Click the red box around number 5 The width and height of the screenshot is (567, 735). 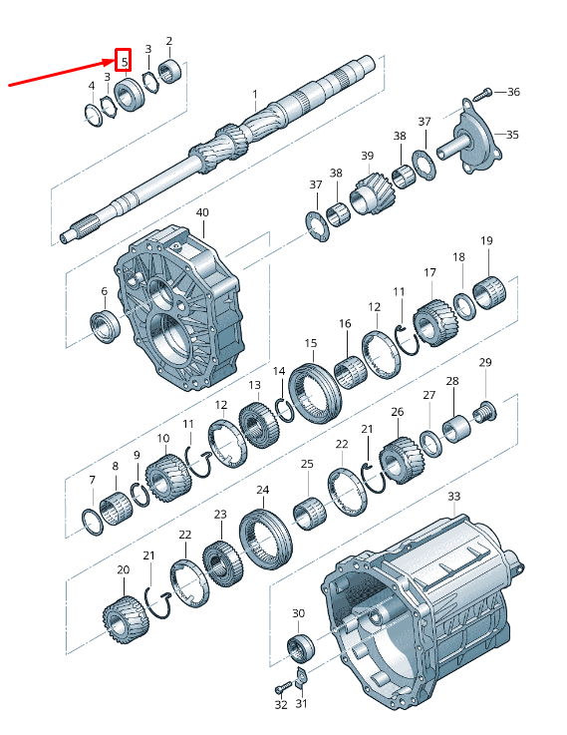[124, 61]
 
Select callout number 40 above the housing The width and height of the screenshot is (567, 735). [202, 212]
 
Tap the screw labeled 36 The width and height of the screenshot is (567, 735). [482, 94]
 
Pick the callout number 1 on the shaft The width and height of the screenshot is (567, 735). [255, 94]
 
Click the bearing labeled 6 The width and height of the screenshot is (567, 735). [105, 325]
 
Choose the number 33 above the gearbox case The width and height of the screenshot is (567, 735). [454, 496]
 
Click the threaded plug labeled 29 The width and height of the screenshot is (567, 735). [484, 411]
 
